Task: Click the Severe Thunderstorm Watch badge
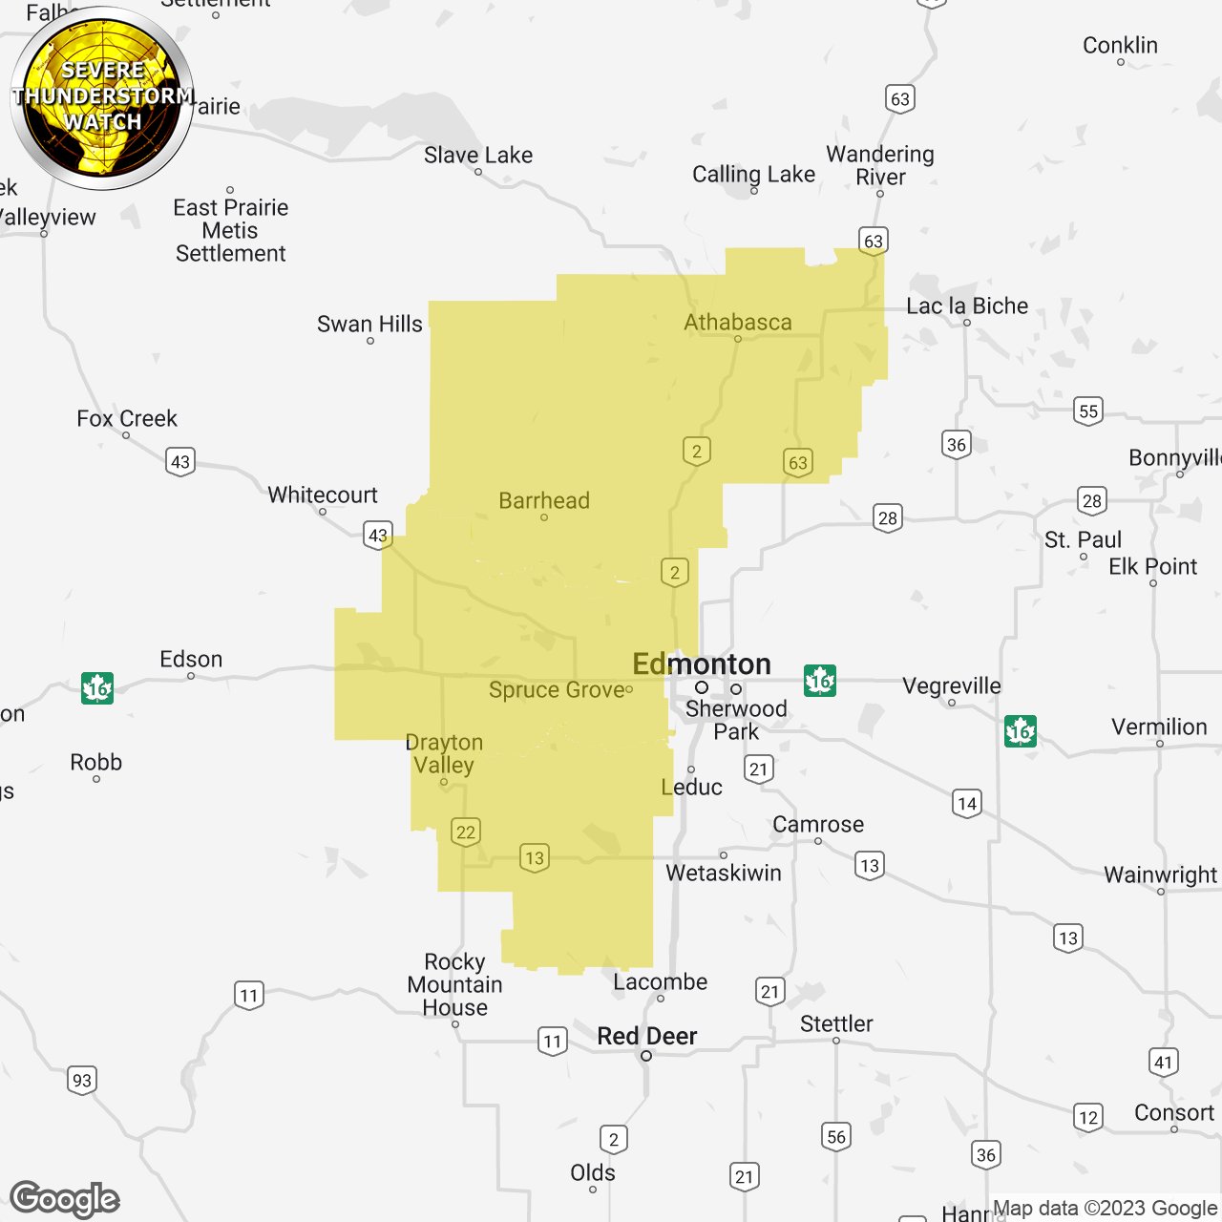[x=102, y=97]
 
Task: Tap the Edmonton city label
[x=702, y=664]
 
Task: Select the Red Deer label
[x=647, y=1036]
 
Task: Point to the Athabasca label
[x=738, y=323]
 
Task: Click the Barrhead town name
[x=544, y=500]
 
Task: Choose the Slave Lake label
[x=478, y=155]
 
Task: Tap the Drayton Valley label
[x=444, y=753]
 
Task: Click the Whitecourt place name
[x=323, y=495]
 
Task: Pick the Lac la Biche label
[x=967, y=305]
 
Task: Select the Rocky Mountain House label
[x=455, y=984]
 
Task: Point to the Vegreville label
[x=952, y=685]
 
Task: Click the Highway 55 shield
[x=1088, y=411]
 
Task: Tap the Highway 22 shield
[x=466, y=832]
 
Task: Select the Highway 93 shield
[x=82, y=1080]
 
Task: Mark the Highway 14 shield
[x=967, y=803]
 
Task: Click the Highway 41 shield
[x=1163, y=1062]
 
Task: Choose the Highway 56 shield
[x=836, y=1136]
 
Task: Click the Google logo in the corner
[x=65, y=1199]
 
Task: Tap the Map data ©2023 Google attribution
[x=1105, y=1209]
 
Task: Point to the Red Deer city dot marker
[x=646, y=1056]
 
